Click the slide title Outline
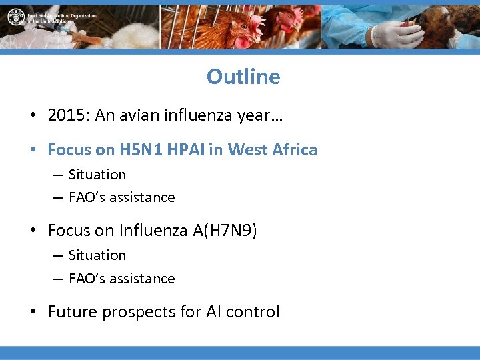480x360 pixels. click(x=243, y=77)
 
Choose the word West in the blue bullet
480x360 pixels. click(x=245, y=149)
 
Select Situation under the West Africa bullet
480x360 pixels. click(x=97, y=175)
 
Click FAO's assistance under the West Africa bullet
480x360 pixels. click(x=121, y=197)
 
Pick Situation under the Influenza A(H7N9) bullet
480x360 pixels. click(x=97, y=255)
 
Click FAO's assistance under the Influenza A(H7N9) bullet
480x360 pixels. click(x=121, y=279)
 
